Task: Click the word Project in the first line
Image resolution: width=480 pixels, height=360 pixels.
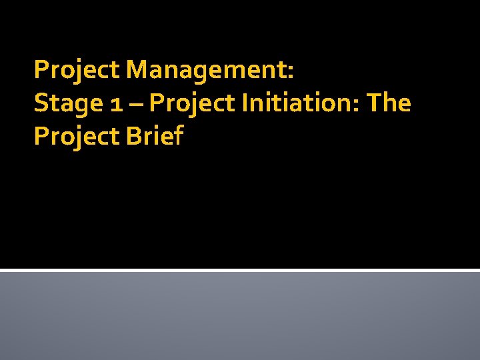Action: pos(77,69)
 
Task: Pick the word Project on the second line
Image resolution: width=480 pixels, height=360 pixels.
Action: pos(193,103)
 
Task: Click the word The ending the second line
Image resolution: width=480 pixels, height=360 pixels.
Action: pos(389,103)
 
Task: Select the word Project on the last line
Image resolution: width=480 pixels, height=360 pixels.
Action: pos(77,137)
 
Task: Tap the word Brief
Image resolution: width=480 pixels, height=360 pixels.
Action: pos(155,137)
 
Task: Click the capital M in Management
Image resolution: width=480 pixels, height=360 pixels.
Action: pos(137,69)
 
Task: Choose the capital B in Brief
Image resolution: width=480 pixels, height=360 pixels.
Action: pos(133,137)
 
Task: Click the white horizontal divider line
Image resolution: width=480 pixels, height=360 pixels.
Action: pos(240,270)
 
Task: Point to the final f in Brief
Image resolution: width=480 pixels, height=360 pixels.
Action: pos(177,136)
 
